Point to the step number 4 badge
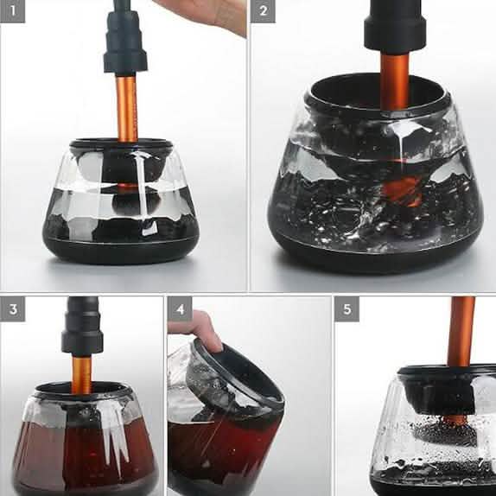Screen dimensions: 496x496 tap(180, 309)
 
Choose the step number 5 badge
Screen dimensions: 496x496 tap(347, 309)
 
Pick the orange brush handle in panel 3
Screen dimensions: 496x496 tap(82, 372)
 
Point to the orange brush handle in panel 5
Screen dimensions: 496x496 tap(460, 333)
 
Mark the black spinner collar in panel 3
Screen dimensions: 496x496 tap(82, 328)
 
